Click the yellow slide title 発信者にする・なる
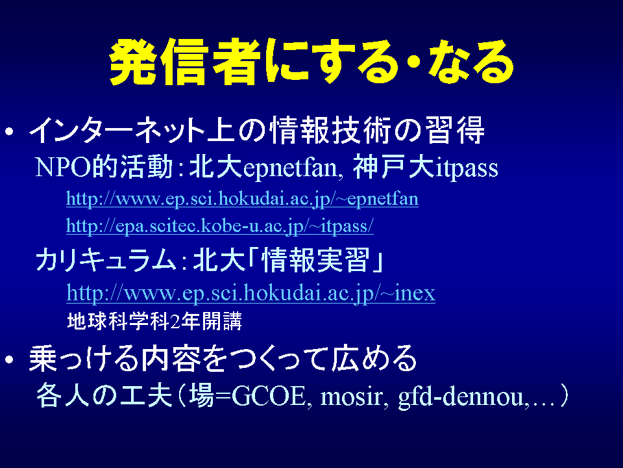coord(311,62)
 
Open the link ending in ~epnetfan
coord(242,198)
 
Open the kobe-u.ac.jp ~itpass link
coord(220,226)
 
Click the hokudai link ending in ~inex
coord(250,293)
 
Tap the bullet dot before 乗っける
coord(10,359)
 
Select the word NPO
coord(64,167)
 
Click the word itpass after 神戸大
coord(467,168)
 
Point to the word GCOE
coord(269,396)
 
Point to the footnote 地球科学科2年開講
coord(154,321)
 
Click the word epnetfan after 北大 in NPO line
coord(290,168)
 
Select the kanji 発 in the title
coord(133,62)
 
